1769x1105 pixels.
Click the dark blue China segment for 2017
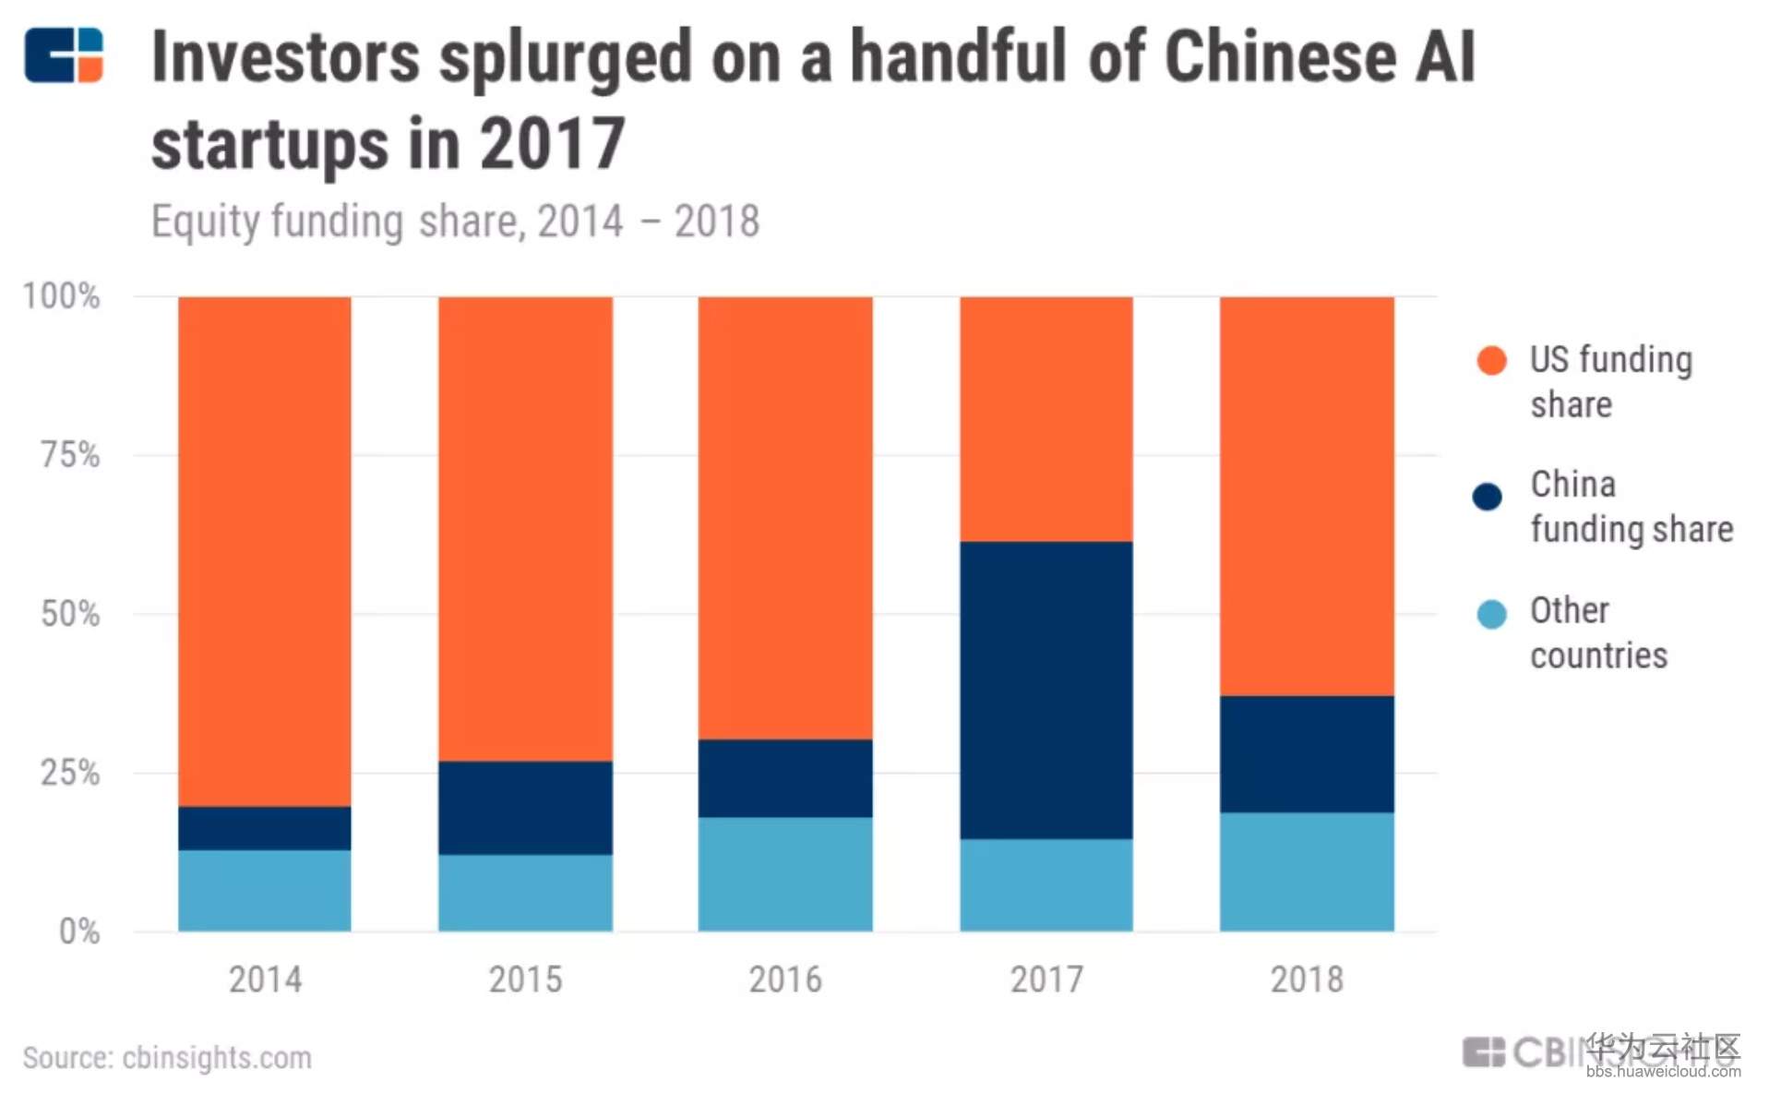tap(1046, 690)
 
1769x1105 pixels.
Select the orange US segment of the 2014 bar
tap(264, 551)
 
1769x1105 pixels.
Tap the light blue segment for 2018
tap(1306, 871)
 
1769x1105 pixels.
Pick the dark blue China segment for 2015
tap(524, 807)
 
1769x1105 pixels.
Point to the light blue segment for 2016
tap(784, 873)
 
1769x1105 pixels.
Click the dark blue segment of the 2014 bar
tap(264, 828)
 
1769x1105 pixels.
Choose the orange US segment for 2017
tap(1046, 418)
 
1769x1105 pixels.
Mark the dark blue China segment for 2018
tap(1306, 753)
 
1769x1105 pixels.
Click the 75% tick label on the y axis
tap(70, 454)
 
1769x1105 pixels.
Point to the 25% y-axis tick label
tap(70, 773)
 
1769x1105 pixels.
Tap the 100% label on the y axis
tap(61, 296)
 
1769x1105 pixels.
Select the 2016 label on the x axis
tap(784, 979)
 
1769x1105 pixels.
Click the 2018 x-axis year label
tap(1306, 979)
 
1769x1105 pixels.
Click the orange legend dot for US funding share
tap(1491, 360)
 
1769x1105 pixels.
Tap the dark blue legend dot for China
tap(1487, 497)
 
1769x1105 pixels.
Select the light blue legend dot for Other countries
tap(1491, 614)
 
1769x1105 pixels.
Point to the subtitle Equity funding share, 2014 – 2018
tap(455, 222)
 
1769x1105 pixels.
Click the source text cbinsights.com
tap(217, 1058)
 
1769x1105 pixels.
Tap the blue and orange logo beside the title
tap(64, 55)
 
